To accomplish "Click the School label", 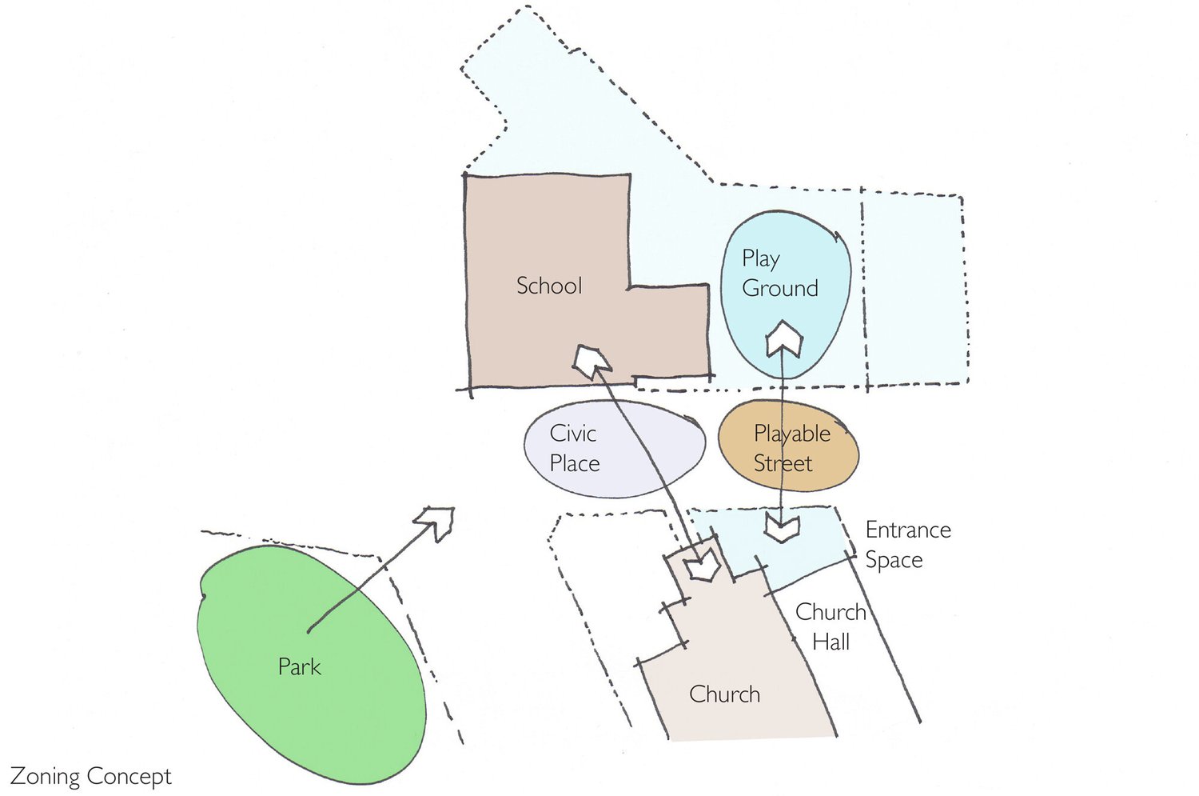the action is pyautogui.click(x=548, y=286).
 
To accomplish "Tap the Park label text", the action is pyautogui.click(x=299, y=666).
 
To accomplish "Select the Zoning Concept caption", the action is pyautogui.click(x=90, y=777).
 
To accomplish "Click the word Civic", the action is pyautogui.click(x=572, y=434).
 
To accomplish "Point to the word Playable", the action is pyautogui.click(x=791, y=434).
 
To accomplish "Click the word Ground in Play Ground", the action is pyautogui.click(x=779, y=288).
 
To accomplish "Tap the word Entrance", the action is pyautogui.click(x=908, y=530).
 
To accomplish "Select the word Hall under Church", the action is pyautogui.click(x=831, y=642).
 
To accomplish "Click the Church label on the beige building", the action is pyautogui.click(x=724, y=694).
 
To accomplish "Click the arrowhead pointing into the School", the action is pyautogui.click(x=592, y=360).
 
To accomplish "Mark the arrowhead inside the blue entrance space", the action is pyautogui.click(x=782, y=528).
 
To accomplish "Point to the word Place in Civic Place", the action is pyautogui.click(x=574, y=463).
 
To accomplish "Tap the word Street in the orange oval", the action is pyautogui.click(x=783, y=463).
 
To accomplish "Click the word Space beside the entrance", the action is pyautogui.click(x=894, y=560).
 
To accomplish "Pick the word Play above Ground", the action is pyautogui.click(x=760, y=258).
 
